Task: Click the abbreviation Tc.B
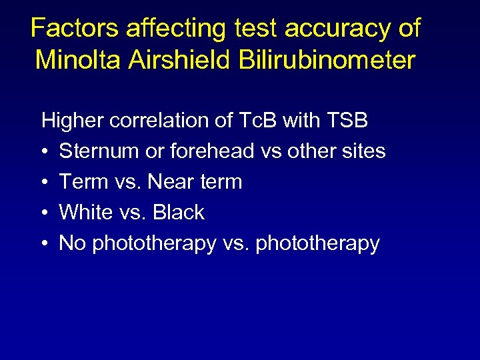tap(254, 121)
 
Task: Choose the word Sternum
tap(96, 151)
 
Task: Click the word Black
tap(179, 213)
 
